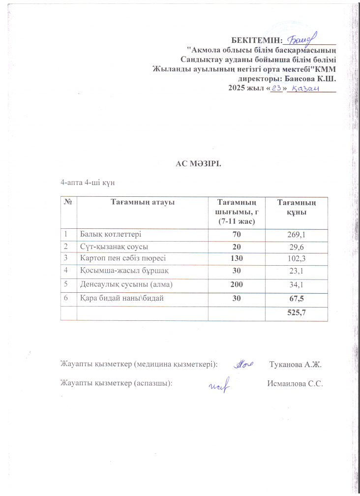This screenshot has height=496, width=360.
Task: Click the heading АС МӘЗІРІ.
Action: pos(199,163)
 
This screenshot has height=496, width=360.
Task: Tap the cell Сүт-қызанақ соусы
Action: pos(114,246)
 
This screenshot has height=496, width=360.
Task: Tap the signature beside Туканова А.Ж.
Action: pos(243,364)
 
